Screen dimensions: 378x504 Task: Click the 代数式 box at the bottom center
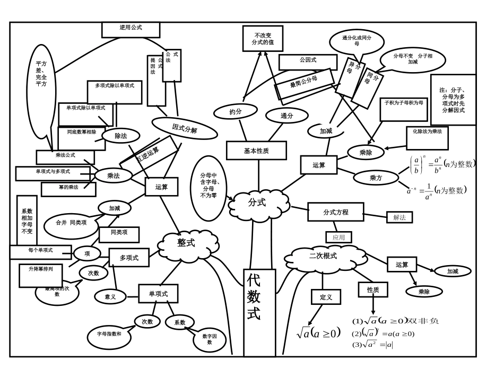click(259, 312)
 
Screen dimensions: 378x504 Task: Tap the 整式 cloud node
click(187, 243)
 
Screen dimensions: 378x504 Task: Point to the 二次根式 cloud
click(323, 257)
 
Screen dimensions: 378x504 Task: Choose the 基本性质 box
click(256, 151)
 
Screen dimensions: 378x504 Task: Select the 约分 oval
click(236, 112)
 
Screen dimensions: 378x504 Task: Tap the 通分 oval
click(287, 116)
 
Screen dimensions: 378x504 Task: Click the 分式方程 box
click(336, 212)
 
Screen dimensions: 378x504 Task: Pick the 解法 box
click(399, 217)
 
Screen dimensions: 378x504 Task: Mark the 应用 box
click(338, 238)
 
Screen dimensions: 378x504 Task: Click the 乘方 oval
click(376, 178)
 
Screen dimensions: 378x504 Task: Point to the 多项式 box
click(129, 258)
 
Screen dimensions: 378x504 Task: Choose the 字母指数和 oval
click(109, 335)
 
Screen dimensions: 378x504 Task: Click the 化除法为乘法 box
click(427, 137)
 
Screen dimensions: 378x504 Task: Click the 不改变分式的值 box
click(263, 39)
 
